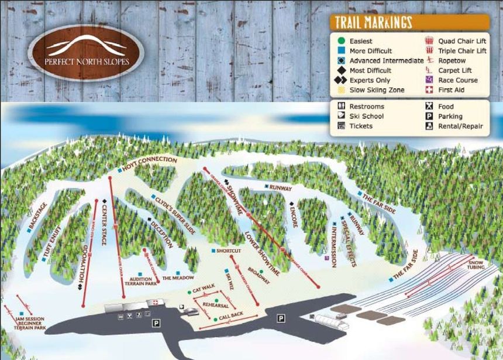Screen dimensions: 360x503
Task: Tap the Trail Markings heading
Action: click(x=373, y=23)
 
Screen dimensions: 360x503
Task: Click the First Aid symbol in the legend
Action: click(x=429, y=90)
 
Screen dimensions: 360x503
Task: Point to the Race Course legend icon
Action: click(x=429, y=80)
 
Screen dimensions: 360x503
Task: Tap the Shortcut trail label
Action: click(x=228, y=251)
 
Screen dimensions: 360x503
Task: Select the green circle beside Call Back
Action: click(x=216, y=317)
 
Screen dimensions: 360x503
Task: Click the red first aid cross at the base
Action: click(x=155, y=303)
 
